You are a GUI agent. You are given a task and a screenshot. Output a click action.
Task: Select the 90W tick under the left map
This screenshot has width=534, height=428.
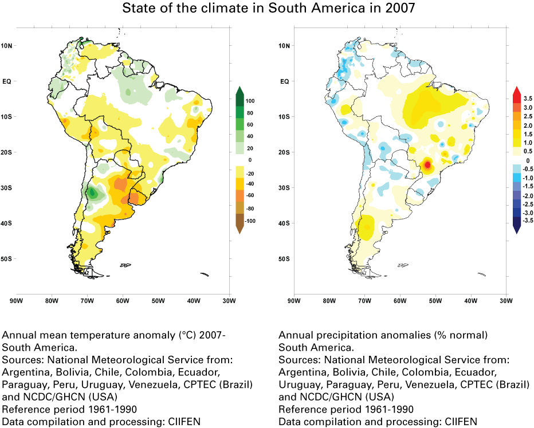(x=16, y=300)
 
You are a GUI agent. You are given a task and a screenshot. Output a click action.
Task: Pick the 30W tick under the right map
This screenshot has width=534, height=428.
(x=505, y=300)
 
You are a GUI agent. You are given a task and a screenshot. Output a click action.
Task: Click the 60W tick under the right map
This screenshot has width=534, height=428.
(x=399, y=300)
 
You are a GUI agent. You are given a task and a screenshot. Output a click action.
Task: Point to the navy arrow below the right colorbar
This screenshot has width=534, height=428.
(x=516, y=229)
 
